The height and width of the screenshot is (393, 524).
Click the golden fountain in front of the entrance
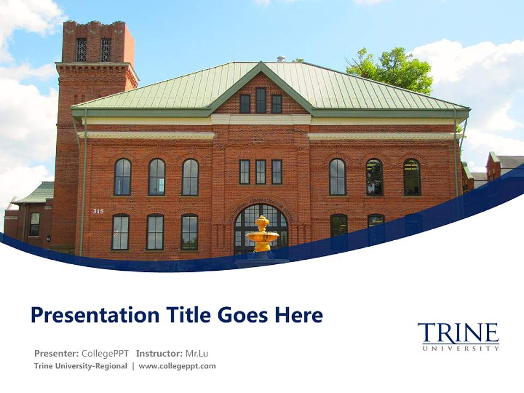click(263, 234)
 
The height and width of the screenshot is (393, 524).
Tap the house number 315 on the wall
click(98, 211)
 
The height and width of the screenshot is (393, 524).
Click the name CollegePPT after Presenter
click(105, 353)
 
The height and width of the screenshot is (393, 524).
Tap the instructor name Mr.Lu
click(196, 353)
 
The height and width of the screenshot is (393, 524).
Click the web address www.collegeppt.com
click(177, 366)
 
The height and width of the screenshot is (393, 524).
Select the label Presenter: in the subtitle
click(56, 353)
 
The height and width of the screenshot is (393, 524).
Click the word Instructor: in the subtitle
click(159, 353)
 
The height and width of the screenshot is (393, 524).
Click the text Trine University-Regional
click(80, 366)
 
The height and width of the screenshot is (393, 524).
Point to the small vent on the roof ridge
click(281, 58)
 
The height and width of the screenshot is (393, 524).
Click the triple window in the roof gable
click(261, 102)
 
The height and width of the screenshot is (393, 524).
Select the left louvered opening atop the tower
click(81, 50)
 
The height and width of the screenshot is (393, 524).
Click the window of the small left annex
click(34, 224)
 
